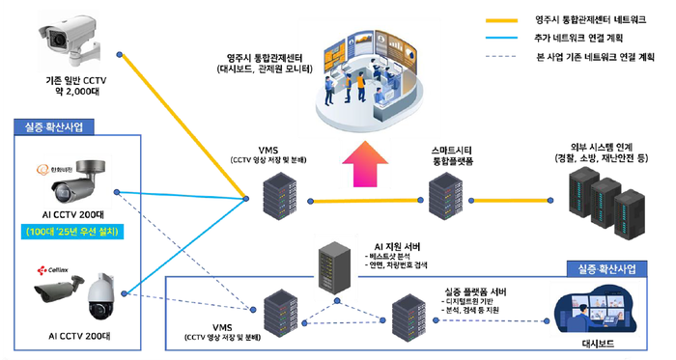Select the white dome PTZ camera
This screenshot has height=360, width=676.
coord(100,297)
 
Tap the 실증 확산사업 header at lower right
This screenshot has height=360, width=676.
coord(601,267)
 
